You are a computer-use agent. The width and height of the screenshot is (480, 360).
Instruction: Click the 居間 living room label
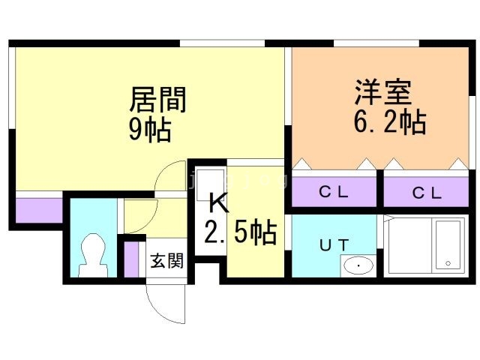pos(157,100)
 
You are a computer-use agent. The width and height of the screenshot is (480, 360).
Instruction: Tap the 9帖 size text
pos(150,130)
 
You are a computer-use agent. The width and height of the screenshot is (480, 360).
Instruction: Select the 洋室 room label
pos(382,91)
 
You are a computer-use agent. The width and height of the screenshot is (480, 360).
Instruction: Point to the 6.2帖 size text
pos(390,122)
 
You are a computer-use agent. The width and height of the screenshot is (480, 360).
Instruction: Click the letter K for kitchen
pos(219,202)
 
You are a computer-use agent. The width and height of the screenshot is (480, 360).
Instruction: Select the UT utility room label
pos(334,245)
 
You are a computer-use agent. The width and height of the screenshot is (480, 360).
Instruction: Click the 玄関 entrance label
pos(166,261)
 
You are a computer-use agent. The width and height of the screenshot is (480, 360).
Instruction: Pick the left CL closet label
pos(333,192)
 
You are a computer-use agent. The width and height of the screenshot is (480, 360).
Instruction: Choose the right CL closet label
pos(427,193)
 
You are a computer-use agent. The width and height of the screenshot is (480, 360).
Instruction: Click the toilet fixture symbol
pos(93,256)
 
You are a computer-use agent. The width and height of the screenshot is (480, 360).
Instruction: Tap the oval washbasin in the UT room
pos(358,265)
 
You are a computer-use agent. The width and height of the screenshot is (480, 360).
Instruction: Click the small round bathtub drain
pos(448,262)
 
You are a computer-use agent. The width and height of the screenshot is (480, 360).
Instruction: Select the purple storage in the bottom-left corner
pos(39,211)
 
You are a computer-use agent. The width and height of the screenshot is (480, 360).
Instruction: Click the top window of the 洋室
pos(376,43)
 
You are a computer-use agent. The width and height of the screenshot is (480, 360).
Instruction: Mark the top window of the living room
pos(222,43)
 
